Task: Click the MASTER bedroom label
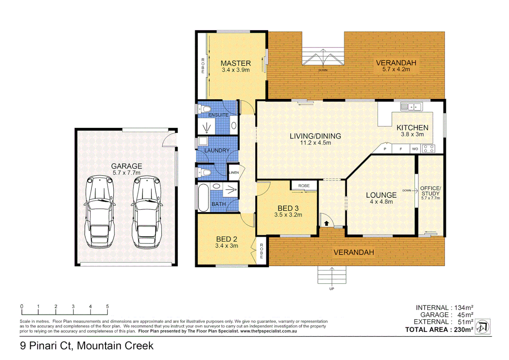[236, 63]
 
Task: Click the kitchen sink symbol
[411, 107]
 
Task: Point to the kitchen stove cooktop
[428, 149]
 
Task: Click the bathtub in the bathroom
[203, 198]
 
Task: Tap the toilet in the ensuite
[204, 109]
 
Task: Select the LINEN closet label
[234, 173]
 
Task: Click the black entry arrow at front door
[326, 223]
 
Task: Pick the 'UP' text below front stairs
[331, 289]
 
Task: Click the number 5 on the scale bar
[107, 306]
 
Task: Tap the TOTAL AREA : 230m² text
[439, 330]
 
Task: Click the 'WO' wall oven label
[415, 149]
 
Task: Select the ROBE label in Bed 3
[304, 186]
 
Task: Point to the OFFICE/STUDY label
[430, 191]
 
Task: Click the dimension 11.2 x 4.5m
[315, 143]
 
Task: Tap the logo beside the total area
[482, 327]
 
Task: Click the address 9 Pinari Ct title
[87, 346]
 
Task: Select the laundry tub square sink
[203, 141]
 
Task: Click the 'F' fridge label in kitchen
[401, 149]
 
